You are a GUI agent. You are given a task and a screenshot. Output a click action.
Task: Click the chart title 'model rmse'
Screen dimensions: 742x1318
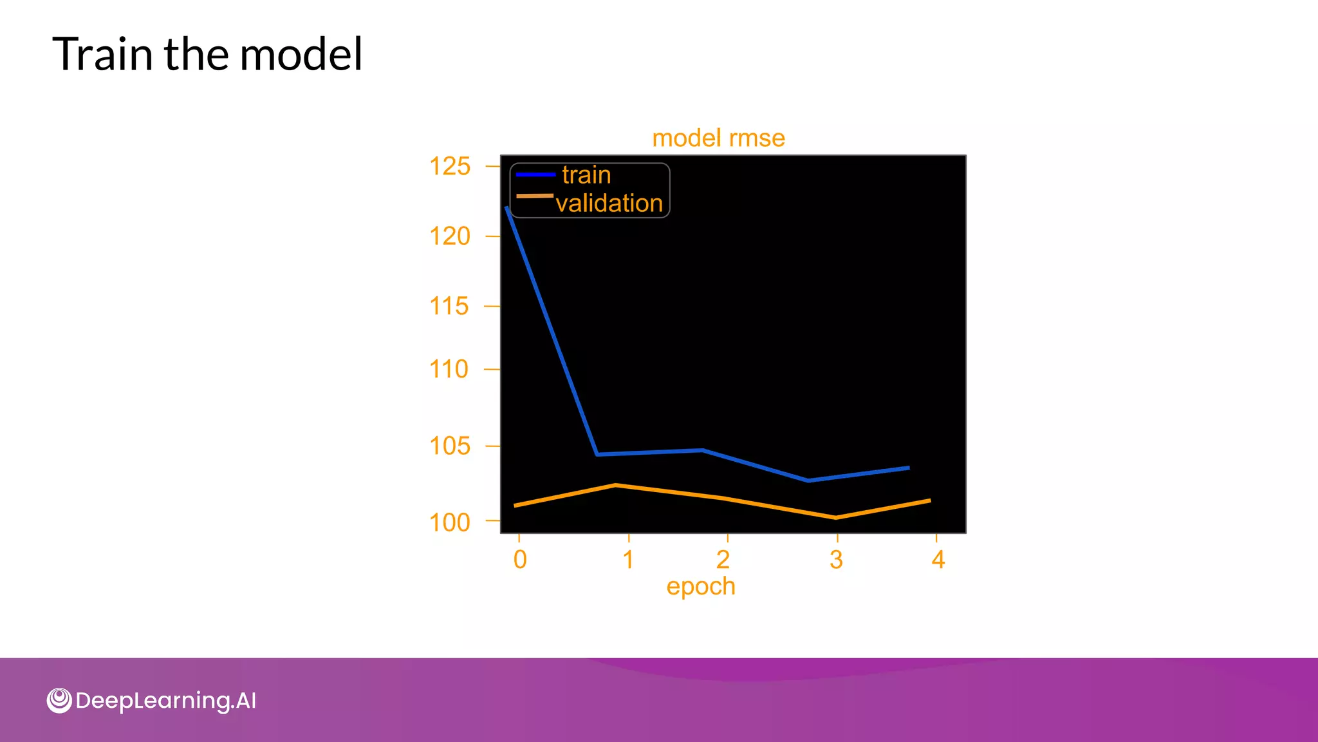tap(718, 138)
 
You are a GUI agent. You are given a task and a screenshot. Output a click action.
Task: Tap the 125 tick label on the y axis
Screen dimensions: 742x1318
tap(450, 167)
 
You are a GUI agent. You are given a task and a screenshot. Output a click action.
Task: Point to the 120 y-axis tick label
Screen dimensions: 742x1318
tap(450, 236)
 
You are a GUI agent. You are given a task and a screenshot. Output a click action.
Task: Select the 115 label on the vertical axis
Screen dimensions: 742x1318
tap(449, 307)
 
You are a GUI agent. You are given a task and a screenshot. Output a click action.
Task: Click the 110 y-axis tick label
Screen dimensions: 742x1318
tap(449, 370)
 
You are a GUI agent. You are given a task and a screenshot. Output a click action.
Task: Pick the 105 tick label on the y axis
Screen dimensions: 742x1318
tap(450, 446)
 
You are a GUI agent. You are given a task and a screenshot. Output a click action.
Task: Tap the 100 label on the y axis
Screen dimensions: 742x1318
tap(450, 522)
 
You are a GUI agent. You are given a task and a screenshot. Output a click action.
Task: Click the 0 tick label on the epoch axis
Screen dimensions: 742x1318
tap(520, 560)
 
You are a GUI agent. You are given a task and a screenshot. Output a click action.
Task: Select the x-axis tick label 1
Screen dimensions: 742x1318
tap(629, 560)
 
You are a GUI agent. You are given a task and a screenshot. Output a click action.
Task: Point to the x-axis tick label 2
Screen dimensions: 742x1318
tap(723, 560)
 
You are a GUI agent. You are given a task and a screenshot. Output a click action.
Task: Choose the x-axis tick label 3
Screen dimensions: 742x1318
tap(836, 560)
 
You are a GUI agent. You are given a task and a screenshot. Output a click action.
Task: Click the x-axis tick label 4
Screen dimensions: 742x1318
tap(938, 560)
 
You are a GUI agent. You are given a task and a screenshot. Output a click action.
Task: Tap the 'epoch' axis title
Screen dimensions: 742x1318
tap(701, 587)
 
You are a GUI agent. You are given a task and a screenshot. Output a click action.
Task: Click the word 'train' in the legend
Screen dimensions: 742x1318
tap(586, 175)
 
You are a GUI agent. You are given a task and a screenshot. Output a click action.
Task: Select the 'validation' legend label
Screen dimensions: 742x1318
tap(609, 204)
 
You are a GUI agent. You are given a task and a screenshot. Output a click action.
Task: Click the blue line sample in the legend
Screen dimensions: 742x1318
tap(535, 175)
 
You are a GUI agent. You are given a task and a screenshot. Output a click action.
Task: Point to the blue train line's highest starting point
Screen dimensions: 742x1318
tap(507, 208)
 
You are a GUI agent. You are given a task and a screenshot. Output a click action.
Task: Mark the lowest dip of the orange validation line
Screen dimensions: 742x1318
tap(835, 517)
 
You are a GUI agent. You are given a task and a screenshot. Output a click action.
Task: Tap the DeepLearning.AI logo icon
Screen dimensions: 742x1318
tap(59, 700)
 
